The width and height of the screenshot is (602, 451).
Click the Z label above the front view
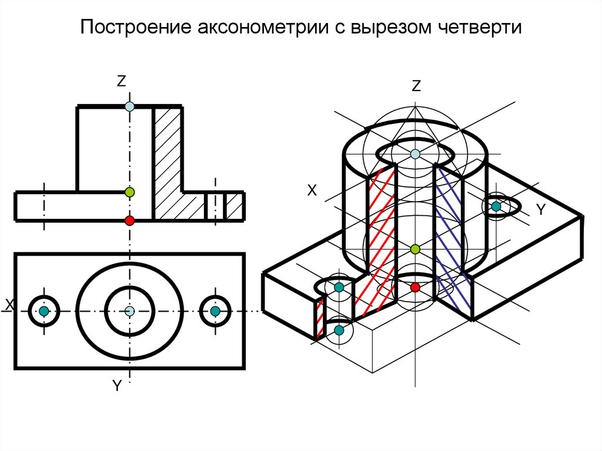[121, 82]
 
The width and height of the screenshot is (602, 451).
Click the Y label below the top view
[117, 386]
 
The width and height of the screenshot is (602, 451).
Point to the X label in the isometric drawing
[312, 191]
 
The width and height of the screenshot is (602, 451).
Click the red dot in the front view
[130, 221]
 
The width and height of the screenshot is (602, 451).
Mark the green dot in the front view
[130, 192]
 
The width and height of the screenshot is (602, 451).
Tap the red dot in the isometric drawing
[415, 287]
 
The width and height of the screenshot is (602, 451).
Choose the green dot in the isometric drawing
[415, 249]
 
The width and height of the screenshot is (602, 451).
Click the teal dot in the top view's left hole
[44, 311]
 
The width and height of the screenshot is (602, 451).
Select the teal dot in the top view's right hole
[215, 311]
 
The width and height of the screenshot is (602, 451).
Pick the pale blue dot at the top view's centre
[130, 310]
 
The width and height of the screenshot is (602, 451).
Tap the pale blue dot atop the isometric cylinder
[416, 154]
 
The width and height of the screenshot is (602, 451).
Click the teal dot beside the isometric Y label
[496, 206]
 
